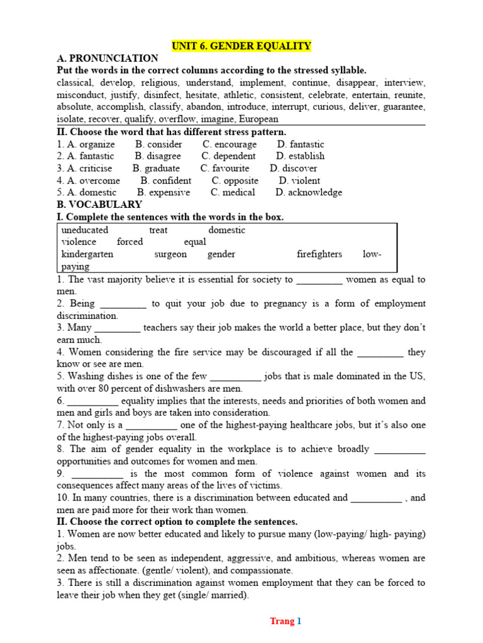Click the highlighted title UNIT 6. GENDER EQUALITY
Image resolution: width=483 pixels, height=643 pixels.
pyautogui.click(x=241, y=46)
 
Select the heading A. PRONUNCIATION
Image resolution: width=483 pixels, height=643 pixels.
pyautogui.click(x=108, y=58)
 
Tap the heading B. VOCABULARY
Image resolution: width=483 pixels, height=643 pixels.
pyautogui.click(x=99, y=205)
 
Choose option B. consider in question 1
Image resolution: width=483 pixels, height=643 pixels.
pyautogui.click(x=158, y=144)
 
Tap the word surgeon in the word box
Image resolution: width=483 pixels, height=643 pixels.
pyautogui.click(x=170, y=254)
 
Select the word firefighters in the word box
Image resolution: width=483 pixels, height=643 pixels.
pyautogui.click(x=319, y=254)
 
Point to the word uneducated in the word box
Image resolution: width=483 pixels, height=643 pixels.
pyautogui.click(x=85, y=230)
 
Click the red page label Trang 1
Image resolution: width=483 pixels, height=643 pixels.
pyautogui.click(x=286, y=621)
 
